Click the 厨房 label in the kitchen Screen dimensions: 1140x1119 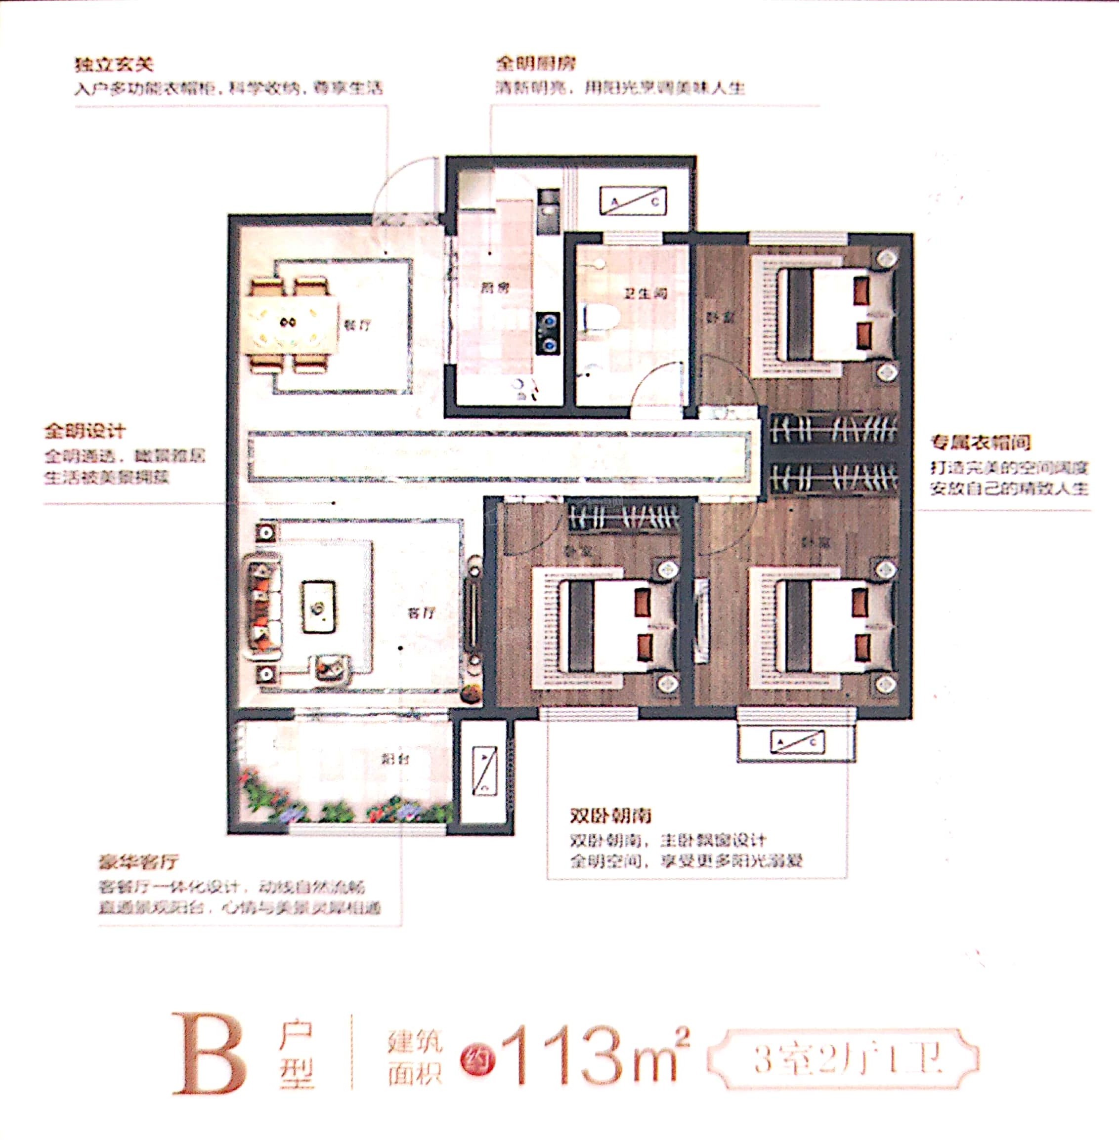pyautogui.click(x=495, y=288)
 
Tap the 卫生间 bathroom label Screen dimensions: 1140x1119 pyautogui.click(x=645, y=293)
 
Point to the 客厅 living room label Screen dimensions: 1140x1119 pyautogui.click(x=422, y=613)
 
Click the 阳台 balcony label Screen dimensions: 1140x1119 pyautogui.click(x=395, y=759)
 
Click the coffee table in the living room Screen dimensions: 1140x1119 pyautogui.click(x=318, y=608)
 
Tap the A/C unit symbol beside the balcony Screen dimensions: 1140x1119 pyautogui.click(x=485, y=771)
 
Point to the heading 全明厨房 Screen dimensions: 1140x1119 pyautogui.click(x=535, y=63)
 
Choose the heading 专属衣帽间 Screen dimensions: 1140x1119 pyautogui.click(x=980, y=442)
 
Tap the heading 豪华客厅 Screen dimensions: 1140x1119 pyautogui.click(x=138, y=863)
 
